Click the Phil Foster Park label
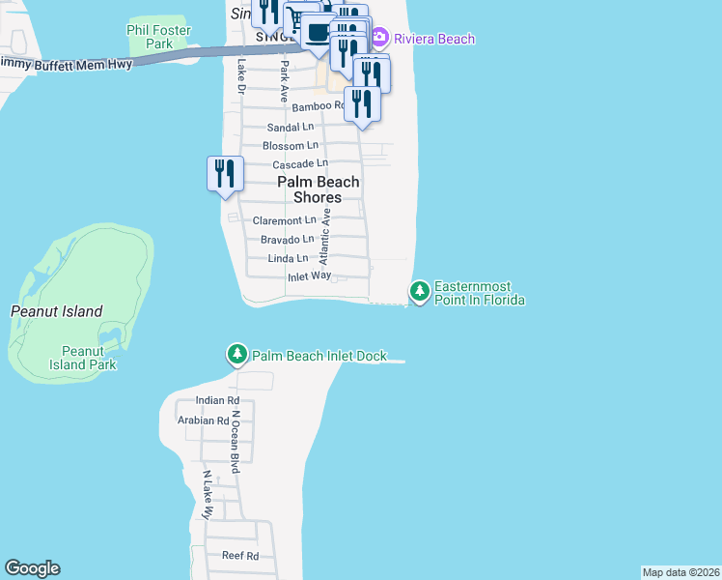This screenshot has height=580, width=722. click(x=158, y=37)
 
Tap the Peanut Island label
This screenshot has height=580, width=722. click(x=56, y=312)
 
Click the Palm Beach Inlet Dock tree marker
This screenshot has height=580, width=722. click(x=237, y=355)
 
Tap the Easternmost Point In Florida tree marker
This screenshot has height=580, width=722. click(x=420, y=290)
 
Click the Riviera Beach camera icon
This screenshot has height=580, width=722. click(x=379, y=39)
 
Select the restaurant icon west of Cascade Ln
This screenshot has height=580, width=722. click(x=224, y=174)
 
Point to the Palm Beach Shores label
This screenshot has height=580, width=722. click(x=319, y=189)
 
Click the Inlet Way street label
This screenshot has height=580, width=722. click(x=309, y=276)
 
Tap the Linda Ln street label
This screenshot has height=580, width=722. click(x=288, y=258)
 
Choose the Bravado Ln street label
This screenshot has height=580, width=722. click(x=288, y=239)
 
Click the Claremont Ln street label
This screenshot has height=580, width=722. click(x=284, y=220)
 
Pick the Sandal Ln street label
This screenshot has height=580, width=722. click(x=291, y=127)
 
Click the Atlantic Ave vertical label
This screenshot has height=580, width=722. click(x=325, y=237)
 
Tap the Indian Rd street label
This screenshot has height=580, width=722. click(x=217, y=400)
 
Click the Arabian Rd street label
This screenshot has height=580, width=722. click(x=203, y=420)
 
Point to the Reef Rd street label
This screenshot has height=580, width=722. click(x=240, y=556)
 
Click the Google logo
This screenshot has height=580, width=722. click(x=32, y=568)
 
